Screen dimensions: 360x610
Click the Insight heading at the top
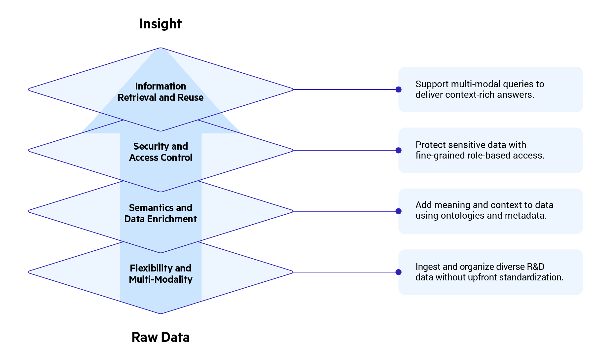(x=161, y=24)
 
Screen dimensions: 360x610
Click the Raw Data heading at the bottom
(x=161, y=337)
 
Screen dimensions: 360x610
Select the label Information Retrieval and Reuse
(x=161, y=92)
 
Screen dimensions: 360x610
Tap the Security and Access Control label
(x=161, y=152)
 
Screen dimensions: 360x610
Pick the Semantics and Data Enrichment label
(x=161, y=213)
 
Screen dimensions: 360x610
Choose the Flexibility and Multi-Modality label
(x=161, y=274)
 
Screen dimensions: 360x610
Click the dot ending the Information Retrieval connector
(x=398, y=90)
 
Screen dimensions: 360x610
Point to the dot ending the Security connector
(x=398, y=150)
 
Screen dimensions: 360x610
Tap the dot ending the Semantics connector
(x=398, y=211)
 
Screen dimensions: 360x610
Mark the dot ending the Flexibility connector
(x=398, y=272)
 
